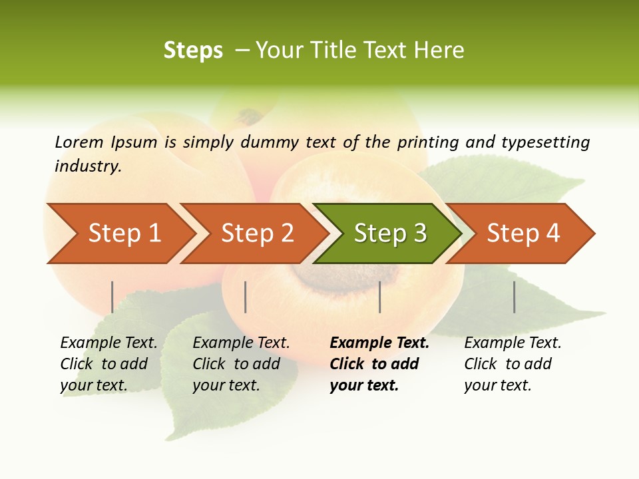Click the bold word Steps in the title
click(193, 51)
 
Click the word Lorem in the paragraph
click(79, 142)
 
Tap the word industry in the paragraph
click(88, 166)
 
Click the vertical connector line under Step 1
click(112, 297)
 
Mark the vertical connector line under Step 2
click(246, 297)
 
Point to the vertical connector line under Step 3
click(379, 297)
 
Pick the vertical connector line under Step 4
click(514, 297)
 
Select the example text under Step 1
click(108, 364)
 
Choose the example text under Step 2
click(241, 364)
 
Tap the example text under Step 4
click(513, 364)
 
